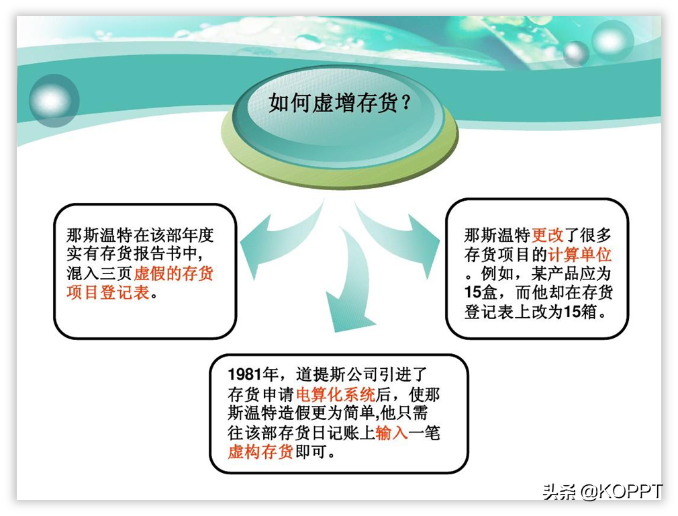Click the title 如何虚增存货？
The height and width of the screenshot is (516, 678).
tap(340, 103)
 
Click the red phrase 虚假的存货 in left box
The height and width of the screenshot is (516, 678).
tap(173, 273)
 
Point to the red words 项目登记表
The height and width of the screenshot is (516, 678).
tap(108, 293)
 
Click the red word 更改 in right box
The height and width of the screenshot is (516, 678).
tap(547, 235)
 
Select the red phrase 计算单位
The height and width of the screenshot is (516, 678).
tap(580, 255)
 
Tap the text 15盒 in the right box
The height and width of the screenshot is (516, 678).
tap(481, 293)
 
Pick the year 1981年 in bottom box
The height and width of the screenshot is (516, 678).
tap(253, 374)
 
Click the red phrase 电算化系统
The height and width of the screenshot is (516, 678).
tap(336, 394)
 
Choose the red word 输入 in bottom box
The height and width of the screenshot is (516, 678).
tap(392, 433)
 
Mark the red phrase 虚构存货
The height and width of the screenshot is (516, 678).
tap(260, 452)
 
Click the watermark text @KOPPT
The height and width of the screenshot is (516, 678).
tap(622, 491)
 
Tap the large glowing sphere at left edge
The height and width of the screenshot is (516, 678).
tap(54, 100)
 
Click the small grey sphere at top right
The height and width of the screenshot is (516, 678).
tap(576, 54)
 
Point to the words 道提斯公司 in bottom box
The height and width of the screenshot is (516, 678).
tap(337, 374)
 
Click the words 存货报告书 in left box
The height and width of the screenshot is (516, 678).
tap(142, 254)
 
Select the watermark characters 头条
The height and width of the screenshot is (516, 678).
tap(560, 492)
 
